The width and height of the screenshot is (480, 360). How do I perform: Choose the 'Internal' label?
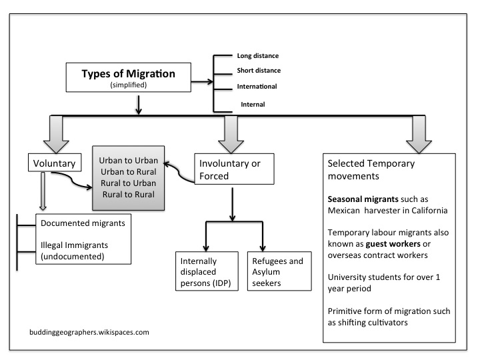click(253, 104)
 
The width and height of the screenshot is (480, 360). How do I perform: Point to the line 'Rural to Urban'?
click(131, 183)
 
